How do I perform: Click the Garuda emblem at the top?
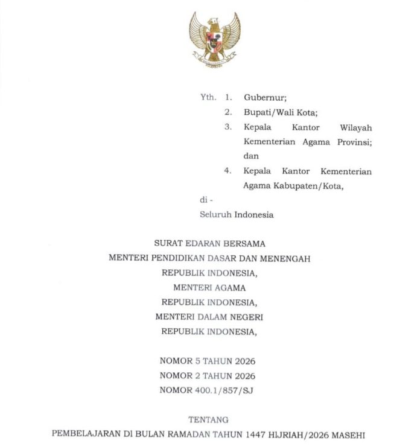[215, 39]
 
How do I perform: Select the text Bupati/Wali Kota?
[273, 112]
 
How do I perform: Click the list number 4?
[227, 171]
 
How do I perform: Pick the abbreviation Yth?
[208, 97]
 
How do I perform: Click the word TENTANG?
[209, 419]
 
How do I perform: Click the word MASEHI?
[351, 434]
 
